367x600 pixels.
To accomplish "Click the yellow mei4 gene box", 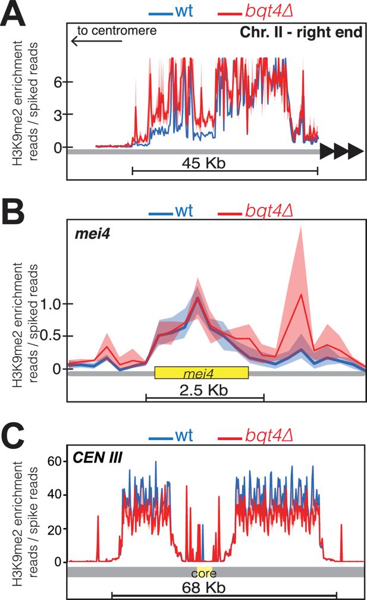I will point(201,373).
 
